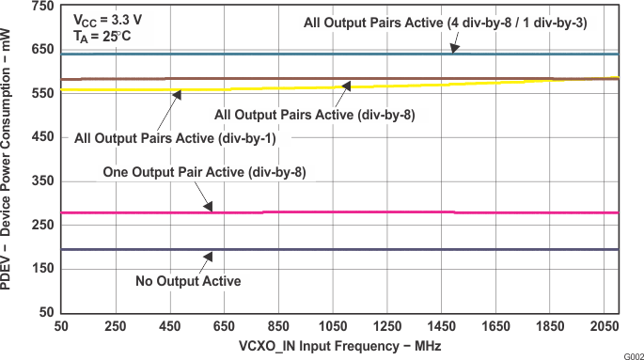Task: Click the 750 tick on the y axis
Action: [x=41, y=7]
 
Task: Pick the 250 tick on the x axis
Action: [x=115, y=326]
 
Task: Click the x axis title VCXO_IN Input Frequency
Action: [x=339, y=346]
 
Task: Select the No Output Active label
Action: [x=188, y=281]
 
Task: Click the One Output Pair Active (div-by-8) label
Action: [x=205, y=172]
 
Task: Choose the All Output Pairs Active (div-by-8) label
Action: [x=315, y=115]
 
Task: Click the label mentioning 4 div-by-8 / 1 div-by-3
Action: [x=445, y=23]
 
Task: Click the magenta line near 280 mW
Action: [x=376, y=212]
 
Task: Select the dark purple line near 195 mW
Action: [x=376, y=249]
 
